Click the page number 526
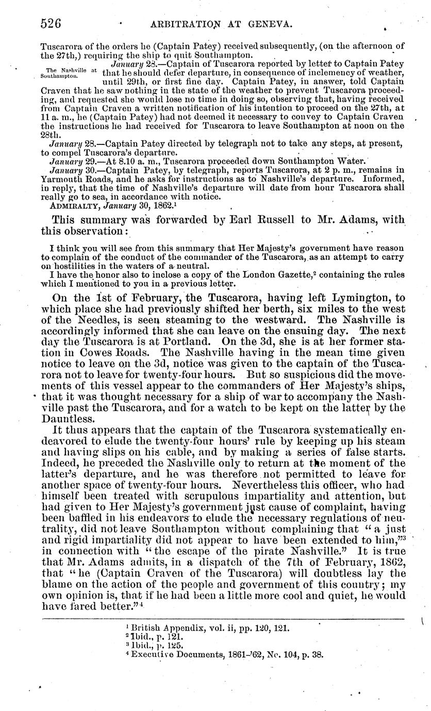tap(52, 23)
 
